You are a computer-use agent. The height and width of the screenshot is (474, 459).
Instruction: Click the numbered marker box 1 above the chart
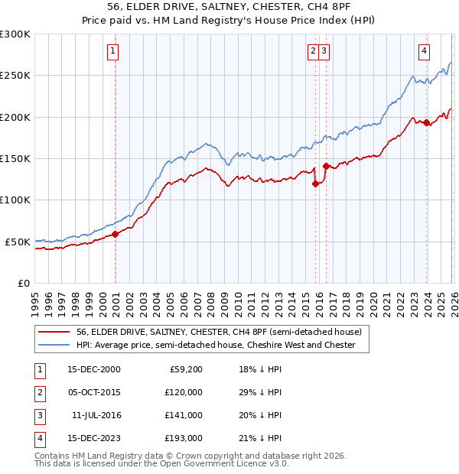click(x=112, y=51)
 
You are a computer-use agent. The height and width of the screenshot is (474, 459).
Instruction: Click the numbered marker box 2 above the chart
click(x=313, y=51)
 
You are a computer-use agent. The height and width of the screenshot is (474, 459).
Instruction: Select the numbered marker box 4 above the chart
click(x=424, y=51)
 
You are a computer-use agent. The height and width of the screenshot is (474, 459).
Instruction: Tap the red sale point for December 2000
click(x=116, y=234)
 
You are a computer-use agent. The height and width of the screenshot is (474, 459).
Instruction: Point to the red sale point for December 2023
click(x=427, y=123)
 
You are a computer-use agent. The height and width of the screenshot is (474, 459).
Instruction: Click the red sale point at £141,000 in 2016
click(x=326, y=166)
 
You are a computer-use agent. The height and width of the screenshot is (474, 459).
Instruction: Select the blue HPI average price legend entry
click(x=216, y=346)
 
